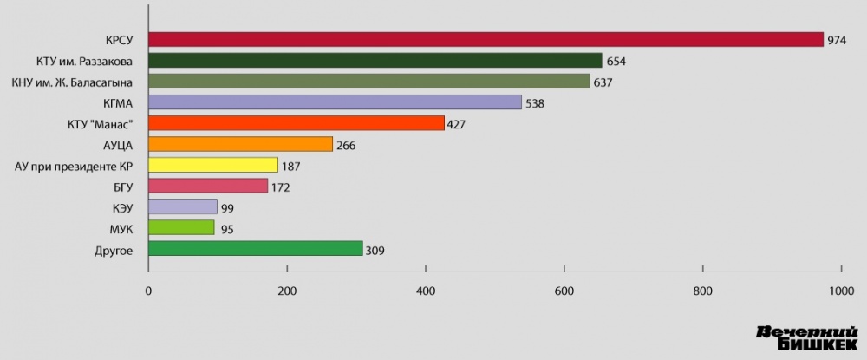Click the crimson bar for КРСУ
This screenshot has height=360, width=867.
click(x=486, y=39)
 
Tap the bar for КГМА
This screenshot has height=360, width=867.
click(x=335, y=102)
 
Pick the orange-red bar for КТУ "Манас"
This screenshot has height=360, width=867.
click(x=296, y=123)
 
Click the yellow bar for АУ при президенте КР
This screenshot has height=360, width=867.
click(x=213, y=165)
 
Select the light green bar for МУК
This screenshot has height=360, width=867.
click(x=181, y=228)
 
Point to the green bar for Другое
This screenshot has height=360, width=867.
click(x=256, y=249)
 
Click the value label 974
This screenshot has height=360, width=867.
click(x=837, y=40)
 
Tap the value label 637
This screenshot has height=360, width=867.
click(x=604, y=82)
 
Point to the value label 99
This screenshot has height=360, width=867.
click(x=228, y=208)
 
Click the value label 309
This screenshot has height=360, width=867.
click(x=375, y=251)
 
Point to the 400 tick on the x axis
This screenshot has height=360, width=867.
click(x=426, y=291)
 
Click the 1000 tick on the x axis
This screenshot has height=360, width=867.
click(x=839, y=291)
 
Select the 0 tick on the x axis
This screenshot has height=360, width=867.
click(x=149, y=291)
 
